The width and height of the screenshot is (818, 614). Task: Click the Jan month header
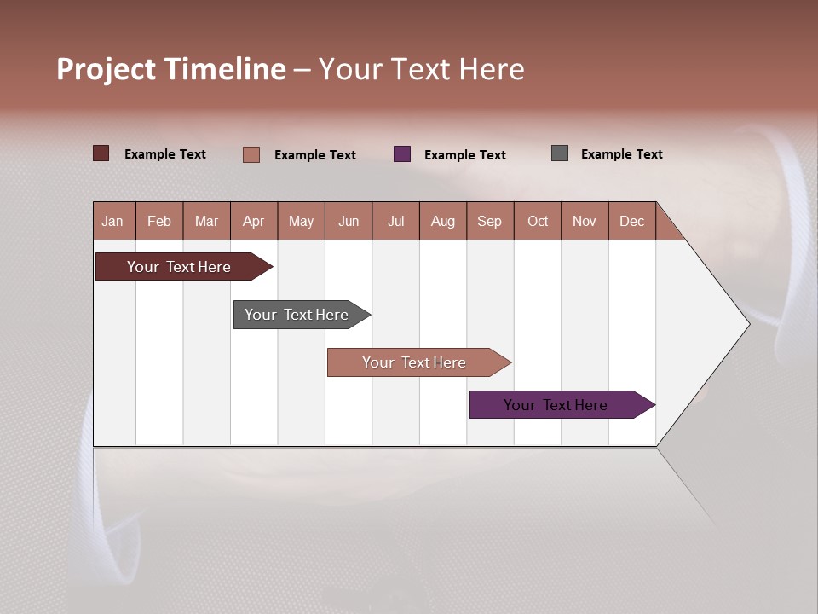[113, 221]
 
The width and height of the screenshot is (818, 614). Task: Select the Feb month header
[159, 221]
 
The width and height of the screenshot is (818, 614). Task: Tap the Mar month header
[206, 221]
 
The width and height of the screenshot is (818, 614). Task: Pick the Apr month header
[254, 221]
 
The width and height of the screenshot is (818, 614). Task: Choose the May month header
[301, 221]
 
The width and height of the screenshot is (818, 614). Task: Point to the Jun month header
[349, 221]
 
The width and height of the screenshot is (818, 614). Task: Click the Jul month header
[395, 221]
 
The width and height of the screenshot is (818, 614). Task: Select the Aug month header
[443, 221]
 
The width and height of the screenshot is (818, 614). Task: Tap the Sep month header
[490, 221]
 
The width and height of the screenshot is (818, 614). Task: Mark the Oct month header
[538, 221]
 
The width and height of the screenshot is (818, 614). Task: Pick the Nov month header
[585, 221]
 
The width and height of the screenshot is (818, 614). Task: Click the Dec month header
[632, 221]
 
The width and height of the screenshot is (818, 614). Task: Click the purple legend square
[402, 154]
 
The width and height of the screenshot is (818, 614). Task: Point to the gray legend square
[560, 153]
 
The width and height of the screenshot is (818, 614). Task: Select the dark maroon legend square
[101, 153]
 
